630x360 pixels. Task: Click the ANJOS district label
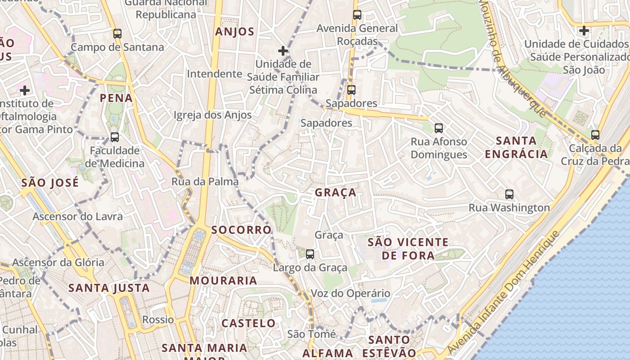pyautogui.click(x=234, y=32)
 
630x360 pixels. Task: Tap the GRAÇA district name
pyautogui.click(x=335, y=193)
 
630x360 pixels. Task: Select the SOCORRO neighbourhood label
pyautogui.click(x=241, y=230)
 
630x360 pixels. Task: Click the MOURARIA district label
pyautogui.click(x=223, y=281)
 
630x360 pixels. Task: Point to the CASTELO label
pyautogui.click(x=248, y=323)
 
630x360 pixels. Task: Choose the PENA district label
pyautogui.click(x=116, y=98)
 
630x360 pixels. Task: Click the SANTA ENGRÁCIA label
pyautogui.click(x=516, y=147)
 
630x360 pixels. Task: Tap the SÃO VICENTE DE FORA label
pyautogui.click(x=408, y=249)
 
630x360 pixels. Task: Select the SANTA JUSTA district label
pyautogui.click(x=109, y=288)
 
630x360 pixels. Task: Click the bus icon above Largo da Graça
pyautogui.click(x=310, y=254)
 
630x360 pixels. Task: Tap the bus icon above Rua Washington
pyautogui.click(x=509, y=194)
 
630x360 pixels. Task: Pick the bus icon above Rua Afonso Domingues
pyautogui.click(x=439, y=128)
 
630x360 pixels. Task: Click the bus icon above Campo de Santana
pyautogui.click(x=117, y=34)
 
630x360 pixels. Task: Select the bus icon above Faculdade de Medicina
pyautogui.click(x=115, y=137)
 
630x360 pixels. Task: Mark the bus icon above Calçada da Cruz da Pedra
pyautogui.click(x=595, y=135)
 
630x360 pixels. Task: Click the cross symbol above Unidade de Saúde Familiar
pyautogui.click(x=283, y=51)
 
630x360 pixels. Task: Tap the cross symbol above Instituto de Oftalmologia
pyautogui.click(x=25, y=90)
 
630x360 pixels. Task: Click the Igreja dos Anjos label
pyautogui.click(x=213, y=115)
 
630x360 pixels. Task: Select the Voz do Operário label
pyautogui.click(x=351, y=294)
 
